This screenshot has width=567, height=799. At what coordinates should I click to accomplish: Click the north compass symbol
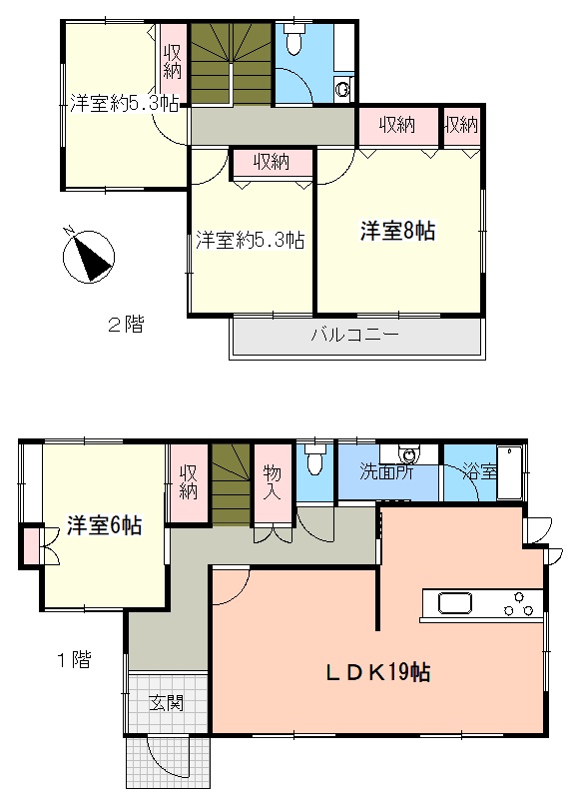(x=88, y=255)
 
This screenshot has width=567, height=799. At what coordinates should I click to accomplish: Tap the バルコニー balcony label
(x=355, y=335)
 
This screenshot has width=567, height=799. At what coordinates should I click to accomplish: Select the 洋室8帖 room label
(x=398, y=231)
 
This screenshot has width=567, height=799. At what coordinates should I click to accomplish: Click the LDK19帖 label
(x=378, y=672)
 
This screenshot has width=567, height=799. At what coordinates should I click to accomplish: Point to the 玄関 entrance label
(x=167, y=703)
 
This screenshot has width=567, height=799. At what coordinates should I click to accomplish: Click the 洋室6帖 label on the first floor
(x=104, y=525)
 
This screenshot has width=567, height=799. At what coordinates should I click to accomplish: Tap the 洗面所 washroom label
(x=386, y=471)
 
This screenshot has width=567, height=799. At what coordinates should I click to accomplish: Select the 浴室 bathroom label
(x=479, y=471)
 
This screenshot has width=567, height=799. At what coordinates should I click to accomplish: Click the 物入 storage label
(x=273, y=482)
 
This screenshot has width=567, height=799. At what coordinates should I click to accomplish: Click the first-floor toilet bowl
(x=314, y=459)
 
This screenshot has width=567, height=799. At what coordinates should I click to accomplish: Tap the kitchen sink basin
(x=455, y=604)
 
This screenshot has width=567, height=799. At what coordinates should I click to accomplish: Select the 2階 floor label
(x=126, y=324)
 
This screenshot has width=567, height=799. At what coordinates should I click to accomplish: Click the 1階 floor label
(x=74, y=660)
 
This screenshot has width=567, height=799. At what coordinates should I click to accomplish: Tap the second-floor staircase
(x=232, y=63)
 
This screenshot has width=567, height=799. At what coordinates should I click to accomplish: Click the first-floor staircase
(x=232, y=484)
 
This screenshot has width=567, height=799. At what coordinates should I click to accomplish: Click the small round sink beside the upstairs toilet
(x=342, y=90)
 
